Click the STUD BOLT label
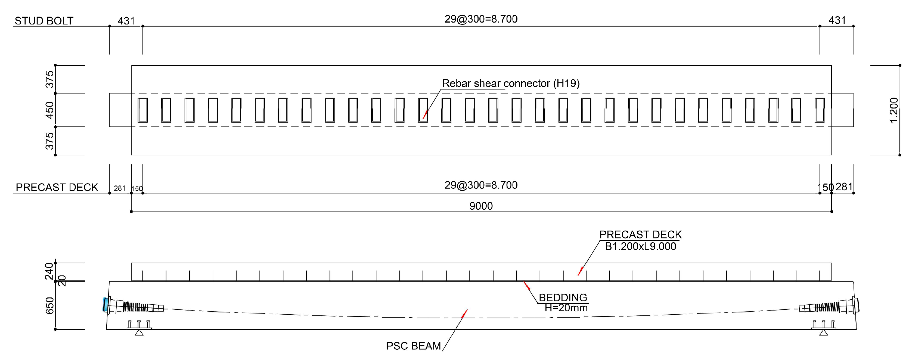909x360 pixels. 44,21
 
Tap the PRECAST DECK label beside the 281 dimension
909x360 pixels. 57,187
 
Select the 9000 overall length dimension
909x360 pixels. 481,206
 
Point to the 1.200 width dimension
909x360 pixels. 894,110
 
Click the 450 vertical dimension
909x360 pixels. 50,110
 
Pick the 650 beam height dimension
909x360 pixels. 50,305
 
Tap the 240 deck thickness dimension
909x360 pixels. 49,271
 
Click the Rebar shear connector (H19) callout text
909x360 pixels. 511,83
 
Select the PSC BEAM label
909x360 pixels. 413,346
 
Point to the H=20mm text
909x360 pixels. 566,308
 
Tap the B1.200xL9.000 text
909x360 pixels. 640,246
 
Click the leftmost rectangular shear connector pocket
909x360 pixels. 142,110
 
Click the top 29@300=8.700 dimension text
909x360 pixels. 481,19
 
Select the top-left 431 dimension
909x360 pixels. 126,21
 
